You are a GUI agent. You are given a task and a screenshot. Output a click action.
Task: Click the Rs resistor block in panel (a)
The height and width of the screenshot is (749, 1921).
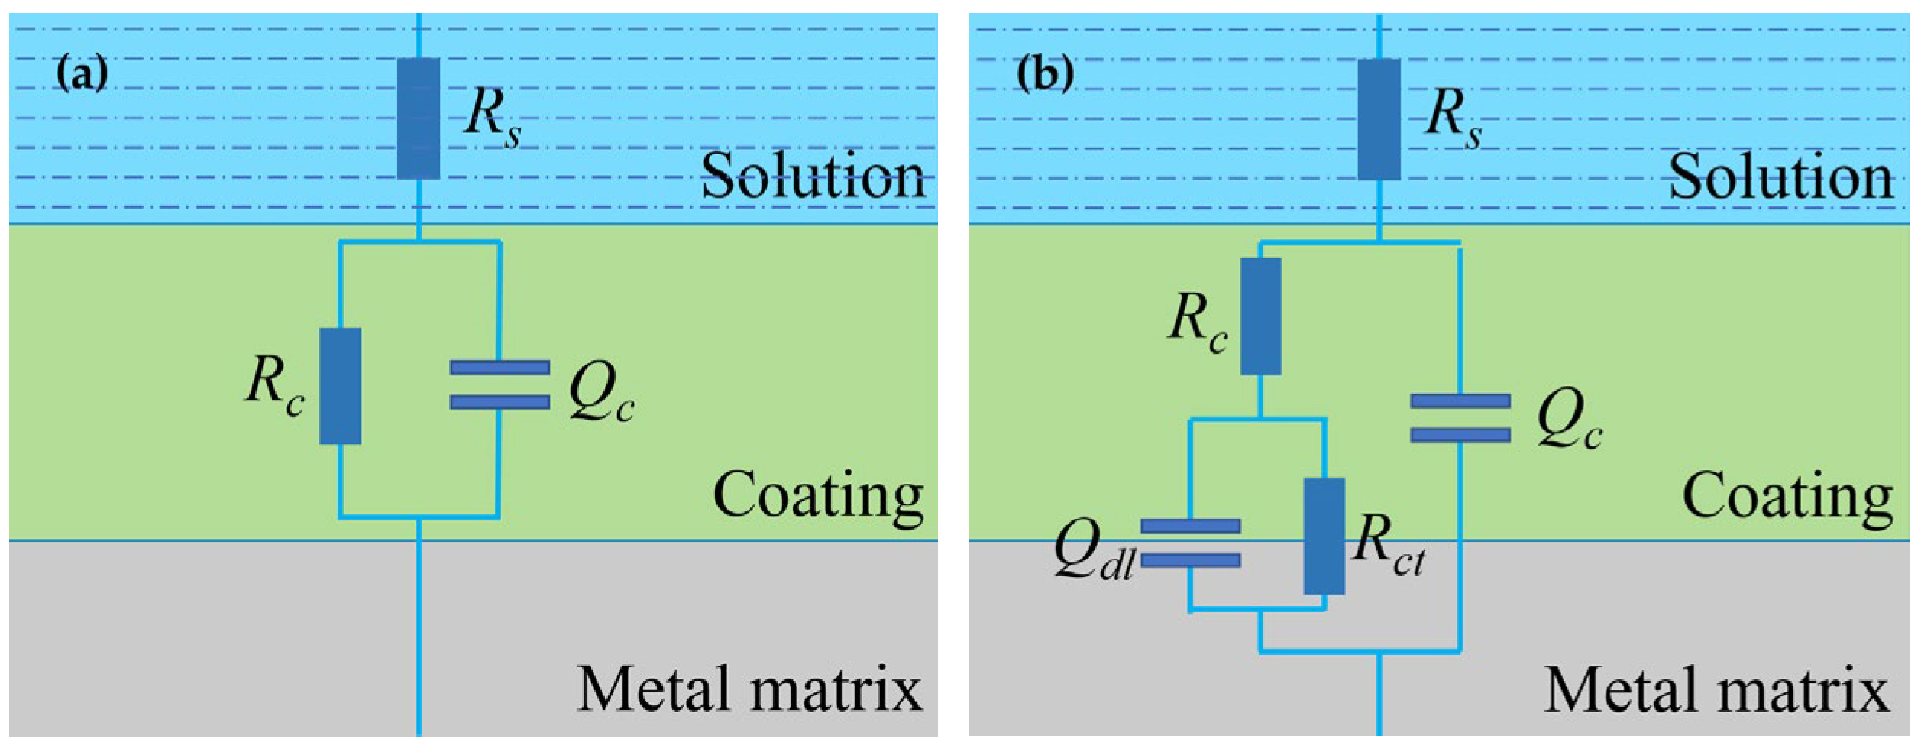click(419, 118)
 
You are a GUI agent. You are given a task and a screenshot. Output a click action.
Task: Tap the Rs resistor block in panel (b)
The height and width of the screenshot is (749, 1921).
click(1379, 119)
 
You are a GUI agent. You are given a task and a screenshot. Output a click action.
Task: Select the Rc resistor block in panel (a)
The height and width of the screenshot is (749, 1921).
click(340, 386)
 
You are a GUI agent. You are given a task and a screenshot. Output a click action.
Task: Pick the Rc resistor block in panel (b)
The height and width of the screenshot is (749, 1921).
click(1261, 316)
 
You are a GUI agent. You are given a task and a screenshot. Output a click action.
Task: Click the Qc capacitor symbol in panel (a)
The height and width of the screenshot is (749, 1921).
click(500, 384)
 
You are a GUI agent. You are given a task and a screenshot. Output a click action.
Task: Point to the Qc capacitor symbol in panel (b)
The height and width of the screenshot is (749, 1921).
click(1460, 418)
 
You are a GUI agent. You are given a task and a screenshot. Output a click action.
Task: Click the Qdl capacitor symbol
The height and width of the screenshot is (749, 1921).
click(1190, 543)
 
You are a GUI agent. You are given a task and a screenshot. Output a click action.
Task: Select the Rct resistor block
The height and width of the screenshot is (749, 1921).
click(1324, 537)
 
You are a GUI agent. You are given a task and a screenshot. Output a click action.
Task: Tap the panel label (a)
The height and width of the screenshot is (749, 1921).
click(82, 74)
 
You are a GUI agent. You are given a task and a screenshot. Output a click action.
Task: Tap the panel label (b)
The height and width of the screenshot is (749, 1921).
click(1045, 74)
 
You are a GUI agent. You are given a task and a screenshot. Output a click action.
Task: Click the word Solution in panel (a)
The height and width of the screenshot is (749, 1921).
click(813, 177)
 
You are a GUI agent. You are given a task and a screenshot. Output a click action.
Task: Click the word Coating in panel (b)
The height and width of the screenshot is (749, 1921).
click(1788, 497)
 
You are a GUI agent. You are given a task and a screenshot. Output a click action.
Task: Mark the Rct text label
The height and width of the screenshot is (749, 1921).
click(1387, 544)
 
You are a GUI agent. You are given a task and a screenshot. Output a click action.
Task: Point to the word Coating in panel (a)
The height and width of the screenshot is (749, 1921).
click(818, 497)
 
